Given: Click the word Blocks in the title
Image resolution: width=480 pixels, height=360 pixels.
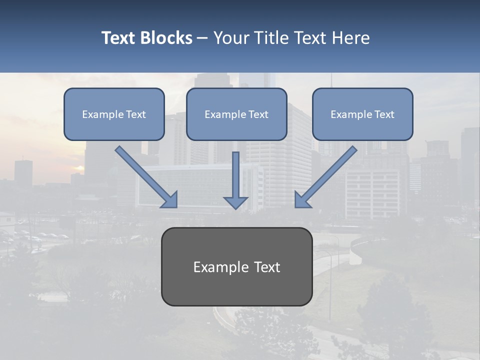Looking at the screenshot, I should click(166, 38).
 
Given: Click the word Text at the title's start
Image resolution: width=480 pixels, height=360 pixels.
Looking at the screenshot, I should click(119, 38).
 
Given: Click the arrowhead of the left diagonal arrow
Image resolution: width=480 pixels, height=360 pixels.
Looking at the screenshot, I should click(171, 200).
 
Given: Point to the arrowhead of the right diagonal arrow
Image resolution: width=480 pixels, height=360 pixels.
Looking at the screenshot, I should click(301, 200).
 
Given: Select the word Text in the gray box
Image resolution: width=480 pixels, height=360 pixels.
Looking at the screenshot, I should click(267, 267).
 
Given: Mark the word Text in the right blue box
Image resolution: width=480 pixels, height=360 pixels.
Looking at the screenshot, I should click(384, 114).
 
